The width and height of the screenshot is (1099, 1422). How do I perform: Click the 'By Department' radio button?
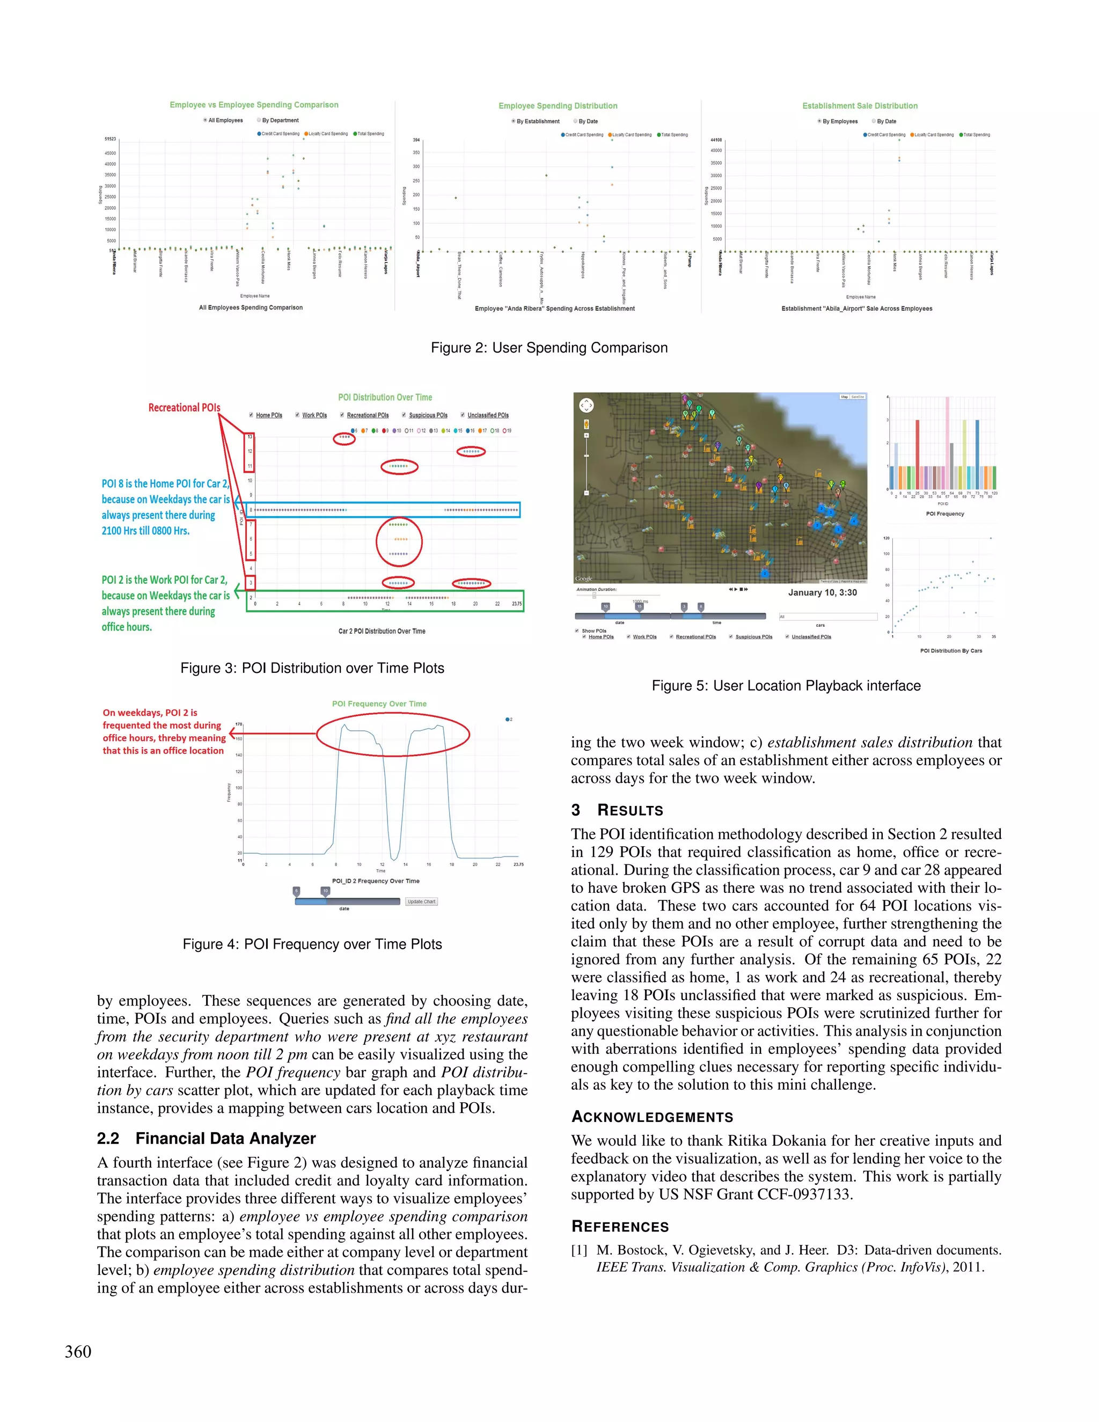pyautogui.click(x=259, y=120)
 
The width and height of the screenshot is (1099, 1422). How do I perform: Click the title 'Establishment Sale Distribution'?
pyautogui.click(x=860, y=106)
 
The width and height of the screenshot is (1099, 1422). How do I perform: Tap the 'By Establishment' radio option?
pyautogui.click(x=514, y=121)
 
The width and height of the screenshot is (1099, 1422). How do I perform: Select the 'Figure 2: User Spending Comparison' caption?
pyautogui.click(x=549, y=348)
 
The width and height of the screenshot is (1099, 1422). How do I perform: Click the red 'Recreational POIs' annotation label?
pyautogui.click(x=184, y=408)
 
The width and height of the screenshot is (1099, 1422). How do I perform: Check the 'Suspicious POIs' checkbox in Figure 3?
pyautogui.click(x=404, y=415)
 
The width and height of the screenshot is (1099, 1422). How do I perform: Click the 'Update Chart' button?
pyautogui.click(x=421, y=902)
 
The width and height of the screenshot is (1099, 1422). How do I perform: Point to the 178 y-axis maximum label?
pyautogui.click(x=239, y=724)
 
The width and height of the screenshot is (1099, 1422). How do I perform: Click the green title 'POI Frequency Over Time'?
pyautogui.click(x=379, y=704)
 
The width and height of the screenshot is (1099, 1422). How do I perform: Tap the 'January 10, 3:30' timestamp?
pyautogui.click(x=822, y=592)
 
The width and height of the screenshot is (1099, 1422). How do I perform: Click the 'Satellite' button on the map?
pyautogui.click(x=858, y=397)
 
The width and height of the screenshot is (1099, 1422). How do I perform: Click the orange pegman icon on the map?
pyautogui.click(x=587, y=424)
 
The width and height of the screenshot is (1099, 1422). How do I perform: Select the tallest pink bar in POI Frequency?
pyautogui.click(x=947, y=443)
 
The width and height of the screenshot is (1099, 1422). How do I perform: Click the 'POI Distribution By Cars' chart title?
pyautogui.click(x=950, y=650)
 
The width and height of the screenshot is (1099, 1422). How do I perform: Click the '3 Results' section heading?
pyautogui.click(x=617, y=810)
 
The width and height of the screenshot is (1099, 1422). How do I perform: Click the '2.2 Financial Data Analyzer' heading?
pyautogui.click(x=207, y=1138)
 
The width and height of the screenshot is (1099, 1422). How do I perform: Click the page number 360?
pyautogui.click(x=78, y=1352)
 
